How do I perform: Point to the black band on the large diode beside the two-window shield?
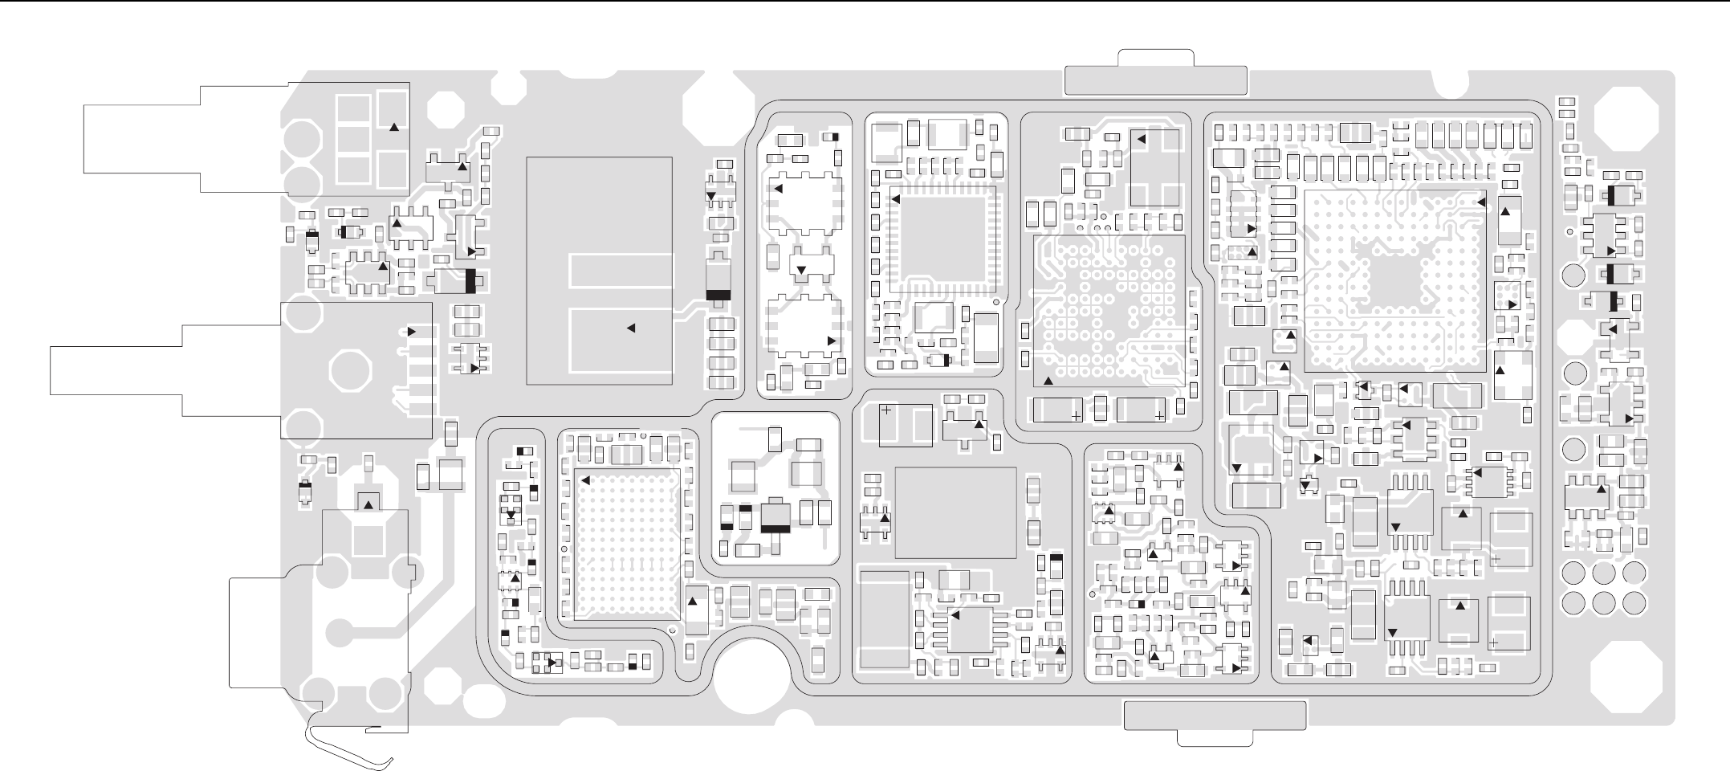pyautogui.click(x=718, y=294)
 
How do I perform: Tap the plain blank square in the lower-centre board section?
pyautogui.click(x=955, y=512)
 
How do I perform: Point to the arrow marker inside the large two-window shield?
pyautogui.click(x=630, y=328)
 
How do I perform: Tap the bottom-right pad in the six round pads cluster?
pyautogui.click(x=1633, y=602)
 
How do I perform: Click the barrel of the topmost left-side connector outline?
pyautogui.click(x=140, y=137)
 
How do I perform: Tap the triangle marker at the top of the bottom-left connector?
pyautogui.click(x=368, y=504)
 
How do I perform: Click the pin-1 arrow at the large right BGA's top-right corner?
pyautogui.click(x=1482, y=203)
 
